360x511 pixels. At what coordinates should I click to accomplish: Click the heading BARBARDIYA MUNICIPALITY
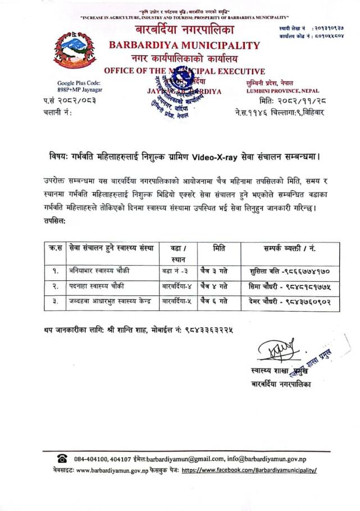pyautogui.click(x=185, y=45)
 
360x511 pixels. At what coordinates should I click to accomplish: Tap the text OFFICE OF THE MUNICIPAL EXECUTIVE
pyautogui.click(x=185, y=71)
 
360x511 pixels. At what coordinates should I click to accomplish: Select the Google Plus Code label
pyautogui.click(x=79, y=83)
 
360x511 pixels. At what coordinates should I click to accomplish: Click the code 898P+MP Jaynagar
pyautogui.click(x=79, y=90)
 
